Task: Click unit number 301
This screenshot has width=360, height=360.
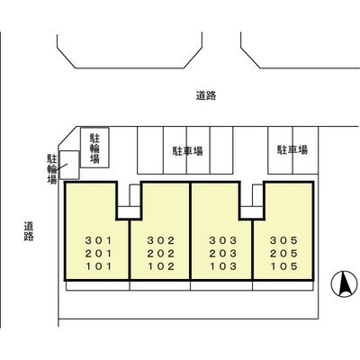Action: click(95, 240)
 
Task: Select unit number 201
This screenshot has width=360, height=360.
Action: click(95, 254)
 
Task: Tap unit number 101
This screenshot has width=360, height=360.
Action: click(95, 267)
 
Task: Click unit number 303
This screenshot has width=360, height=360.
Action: click(221, 240)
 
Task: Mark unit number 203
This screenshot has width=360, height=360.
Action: click(221, 254)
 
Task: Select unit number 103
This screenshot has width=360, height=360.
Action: click(221, 267)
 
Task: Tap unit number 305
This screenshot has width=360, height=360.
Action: click(283, 240)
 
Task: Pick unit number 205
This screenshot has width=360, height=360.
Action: click(283, 254)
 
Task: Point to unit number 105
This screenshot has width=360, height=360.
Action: click(283, 267)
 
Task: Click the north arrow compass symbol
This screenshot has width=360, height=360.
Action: click(342, 286)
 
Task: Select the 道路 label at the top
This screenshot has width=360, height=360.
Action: click(206, 94)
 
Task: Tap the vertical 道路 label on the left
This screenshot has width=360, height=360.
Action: click(29, 231)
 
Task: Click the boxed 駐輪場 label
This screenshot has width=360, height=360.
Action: click(94, 148)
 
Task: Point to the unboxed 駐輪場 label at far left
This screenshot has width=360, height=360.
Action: click(51, 167)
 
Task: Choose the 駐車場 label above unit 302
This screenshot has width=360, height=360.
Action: click(187, 151)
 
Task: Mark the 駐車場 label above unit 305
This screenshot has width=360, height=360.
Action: click(292, 149)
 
